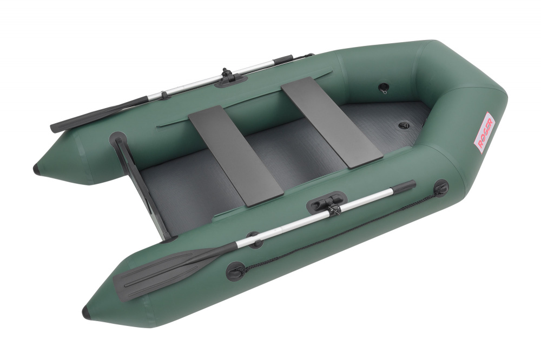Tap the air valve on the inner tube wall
pyautogui.click(x=383, y=88)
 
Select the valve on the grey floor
pyautogui.click(x=404, y=125)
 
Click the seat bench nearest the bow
pyautogui.click(x=332, y=122)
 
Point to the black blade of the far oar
pyautogui.click(x=96, y=115)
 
